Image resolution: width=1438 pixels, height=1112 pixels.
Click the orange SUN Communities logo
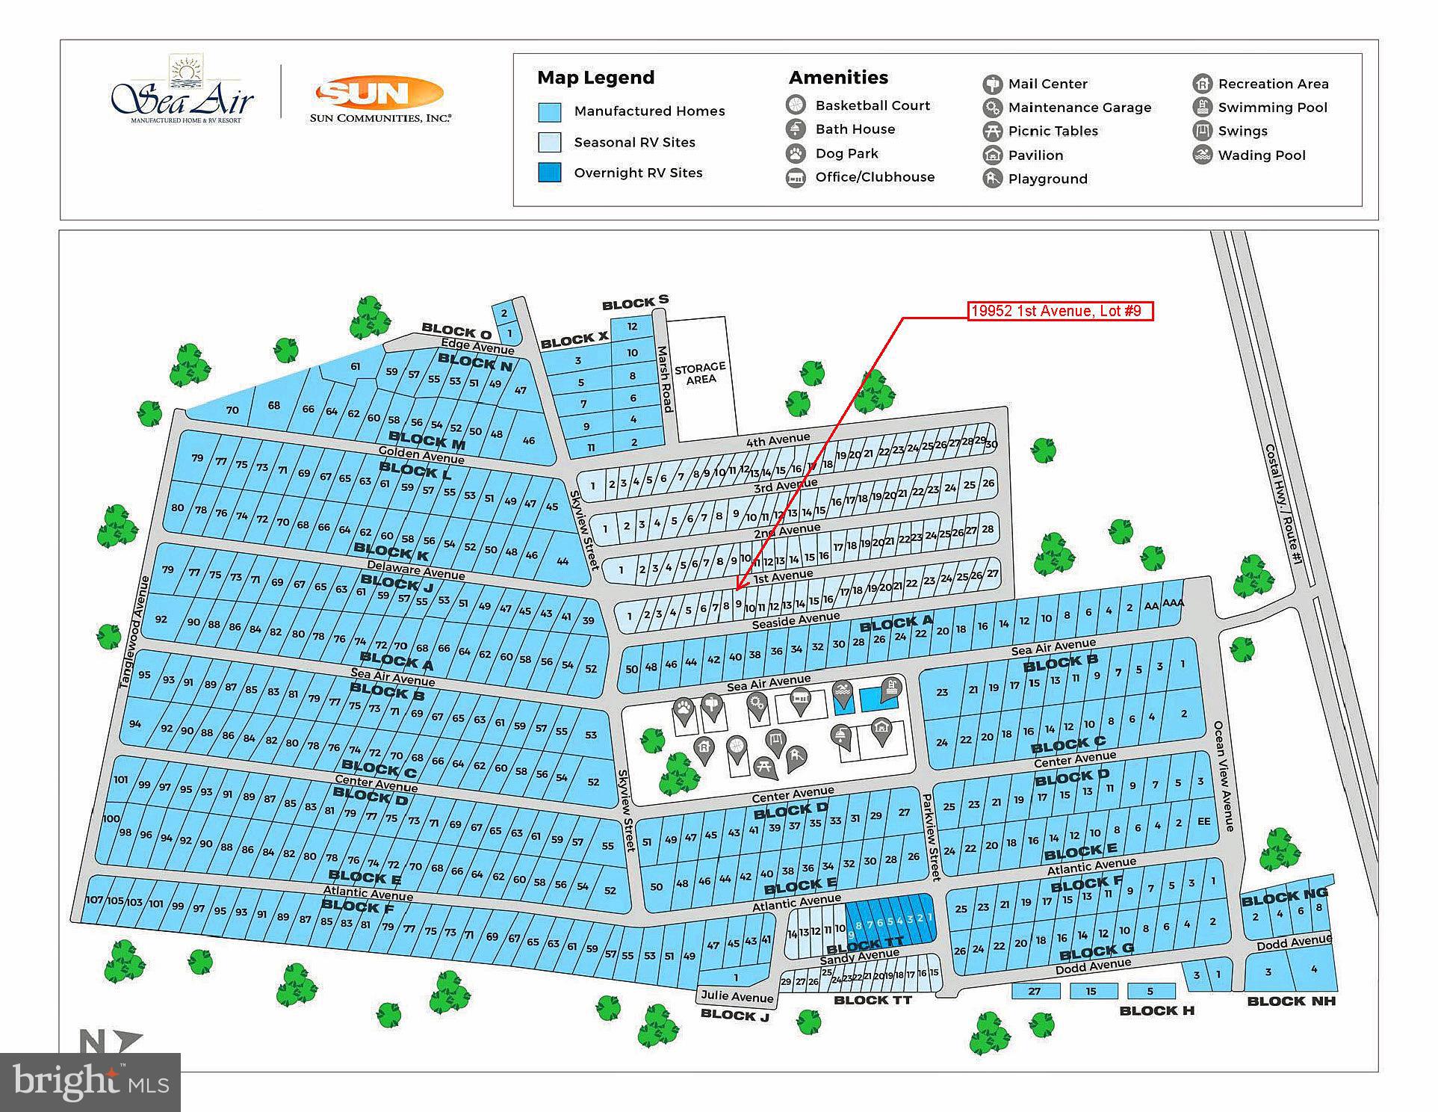tap(380, 98)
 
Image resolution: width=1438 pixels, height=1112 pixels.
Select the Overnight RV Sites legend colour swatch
tap(550, 173)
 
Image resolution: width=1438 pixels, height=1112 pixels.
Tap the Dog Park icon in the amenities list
tap(796, 153)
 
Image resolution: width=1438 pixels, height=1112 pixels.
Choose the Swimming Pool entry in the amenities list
tap(1272, 108)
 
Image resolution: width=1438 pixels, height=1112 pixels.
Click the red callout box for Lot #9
tap(1060, 311)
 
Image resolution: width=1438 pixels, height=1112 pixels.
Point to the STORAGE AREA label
tap(700, 372)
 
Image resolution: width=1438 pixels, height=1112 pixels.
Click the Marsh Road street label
tap(665, 378)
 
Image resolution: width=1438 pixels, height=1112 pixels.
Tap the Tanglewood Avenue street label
tap(131, 631)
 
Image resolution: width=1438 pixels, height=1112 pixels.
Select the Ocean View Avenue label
tap(1224, 776)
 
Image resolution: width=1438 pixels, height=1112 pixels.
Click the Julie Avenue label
tap(737, 997)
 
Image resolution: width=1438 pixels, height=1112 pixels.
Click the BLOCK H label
tap(1156, 1010)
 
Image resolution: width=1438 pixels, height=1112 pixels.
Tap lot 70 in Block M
tap(232, 410)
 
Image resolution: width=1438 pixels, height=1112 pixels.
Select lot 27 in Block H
tap(1034, 991)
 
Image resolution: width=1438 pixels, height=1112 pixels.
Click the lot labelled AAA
tap(1173, 603)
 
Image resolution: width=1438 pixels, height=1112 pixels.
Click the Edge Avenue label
tap(477, 347)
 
